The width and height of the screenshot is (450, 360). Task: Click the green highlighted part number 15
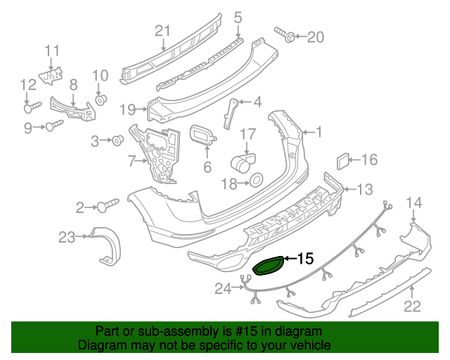[269, 266]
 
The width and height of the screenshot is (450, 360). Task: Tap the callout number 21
[163, 30]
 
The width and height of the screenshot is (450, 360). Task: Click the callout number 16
[369, 160]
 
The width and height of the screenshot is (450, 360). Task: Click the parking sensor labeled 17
[243, 165]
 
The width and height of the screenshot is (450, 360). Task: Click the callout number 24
[223, 287]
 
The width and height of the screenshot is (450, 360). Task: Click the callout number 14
[415, 203]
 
